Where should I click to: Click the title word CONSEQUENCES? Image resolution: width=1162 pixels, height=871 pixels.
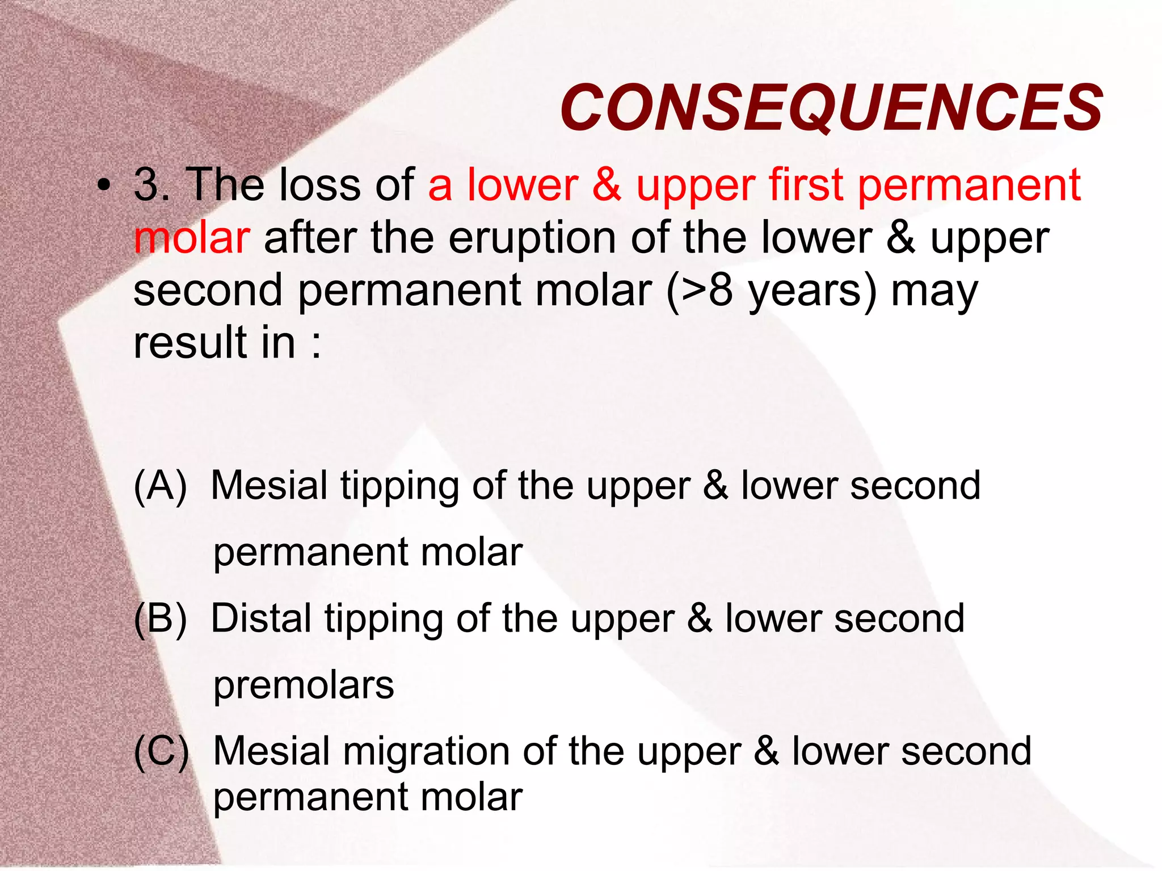click(x=831, y=107)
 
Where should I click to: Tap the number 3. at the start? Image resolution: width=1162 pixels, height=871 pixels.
click(x=152, y=184)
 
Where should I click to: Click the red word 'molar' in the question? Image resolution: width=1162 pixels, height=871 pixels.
click(x=192, y=238)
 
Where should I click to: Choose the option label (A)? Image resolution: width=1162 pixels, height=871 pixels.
click(x=160, y=486)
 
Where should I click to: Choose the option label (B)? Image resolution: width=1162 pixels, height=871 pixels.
click(x=160, y=618)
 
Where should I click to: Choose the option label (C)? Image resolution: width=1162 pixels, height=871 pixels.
click(x=161, y=751)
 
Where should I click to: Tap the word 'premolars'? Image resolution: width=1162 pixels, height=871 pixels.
click(x=304, y=685)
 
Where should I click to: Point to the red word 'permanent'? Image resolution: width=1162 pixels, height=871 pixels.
click(x=969, y=186)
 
